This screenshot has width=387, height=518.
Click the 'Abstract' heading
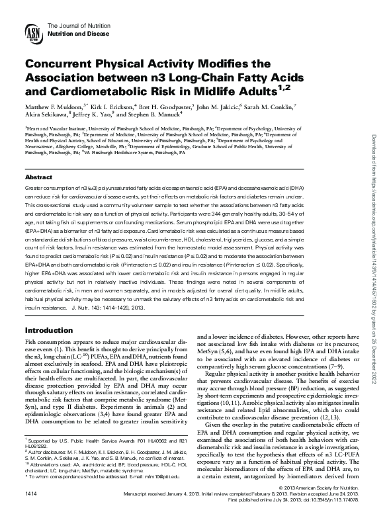coord(38,160)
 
